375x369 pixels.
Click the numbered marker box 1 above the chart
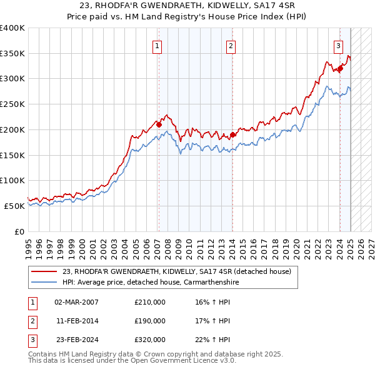pos(157,45)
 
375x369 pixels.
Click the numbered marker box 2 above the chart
pos(231,45)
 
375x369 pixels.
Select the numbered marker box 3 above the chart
pos(338,45)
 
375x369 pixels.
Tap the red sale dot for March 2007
pos(159,124)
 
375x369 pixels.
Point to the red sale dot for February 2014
pos(232,134)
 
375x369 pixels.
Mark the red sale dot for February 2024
pos(340,68)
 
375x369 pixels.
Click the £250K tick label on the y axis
pos(12,104)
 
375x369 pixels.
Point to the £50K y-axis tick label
pos(15,206)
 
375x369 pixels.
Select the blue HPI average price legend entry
pos(151,283)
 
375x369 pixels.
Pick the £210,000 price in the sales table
pos(150,302)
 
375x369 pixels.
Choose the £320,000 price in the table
pos(150,340)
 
